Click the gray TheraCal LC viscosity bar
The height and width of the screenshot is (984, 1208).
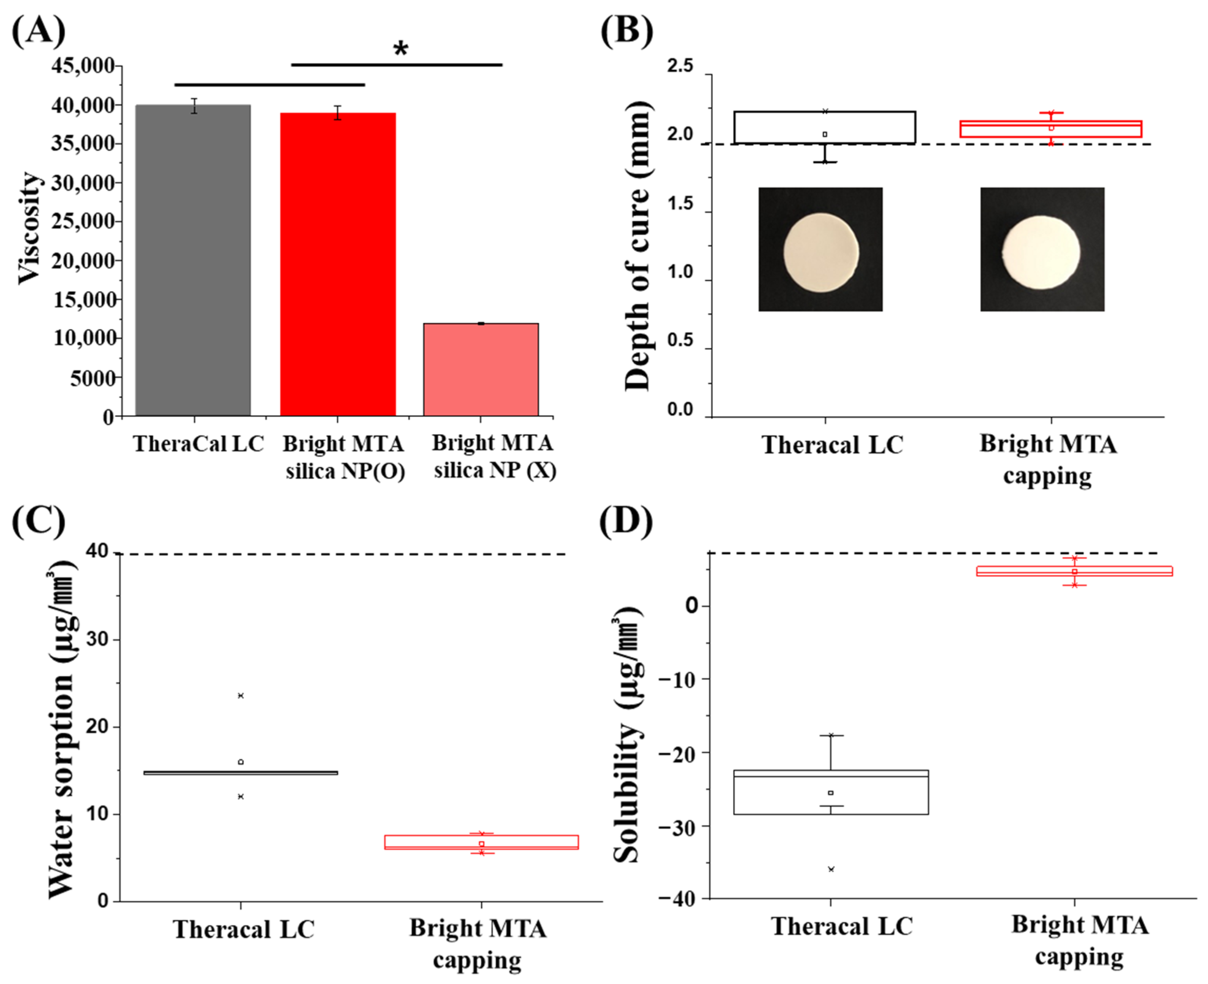(x=194, y=261)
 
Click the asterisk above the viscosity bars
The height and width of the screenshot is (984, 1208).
(x=400, y=49)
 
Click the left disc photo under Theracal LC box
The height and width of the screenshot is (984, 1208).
(x=820, y=250)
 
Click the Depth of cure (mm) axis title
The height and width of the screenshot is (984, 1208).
(x=638, y=246)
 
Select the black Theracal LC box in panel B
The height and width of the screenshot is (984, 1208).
(x=825, y=127)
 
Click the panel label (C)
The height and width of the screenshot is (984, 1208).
(x=39, y=520)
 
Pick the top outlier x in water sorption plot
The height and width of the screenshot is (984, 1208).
(x=241, y=696)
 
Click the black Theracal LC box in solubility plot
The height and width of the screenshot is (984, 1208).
(x=831, y=792)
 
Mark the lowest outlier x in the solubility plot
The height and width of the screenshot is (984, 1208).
(x=831, y=869)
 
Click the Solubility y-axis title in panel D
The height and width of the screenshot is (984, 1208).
(x=627, y=737)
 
